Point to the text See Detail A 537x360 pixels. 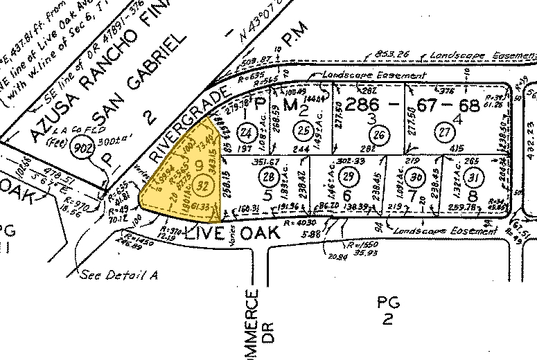pyautogui.click(x=118, y=274)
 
